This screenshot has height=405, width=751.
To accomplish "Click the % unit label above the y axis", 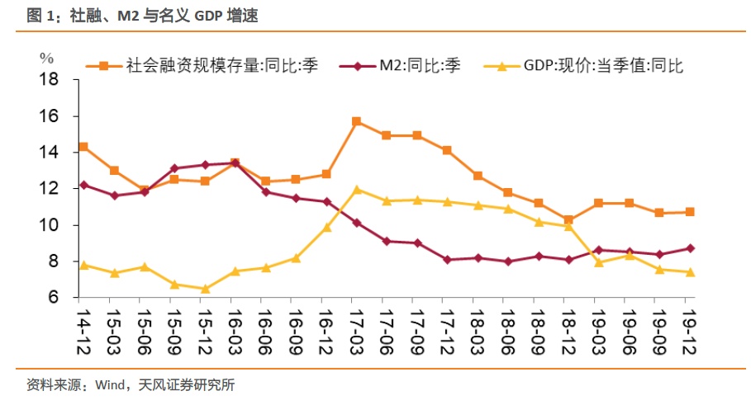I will click(x=46, y=58).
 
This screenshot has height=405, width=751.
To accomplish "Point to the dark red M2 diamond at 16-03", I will click(x=235, y=163).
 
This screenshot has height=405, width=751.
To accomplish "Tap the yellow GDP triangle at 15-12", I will click(x=204, y=289).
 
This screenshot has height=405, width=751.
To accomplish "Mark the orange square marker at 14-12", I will click(x=83, y=147).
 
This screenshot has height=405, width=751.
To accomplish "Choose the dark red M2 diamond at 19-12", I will click(x=690, y=248).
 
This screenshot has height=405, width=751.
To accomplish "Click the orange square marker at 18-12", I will click(x=568, y=220).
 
